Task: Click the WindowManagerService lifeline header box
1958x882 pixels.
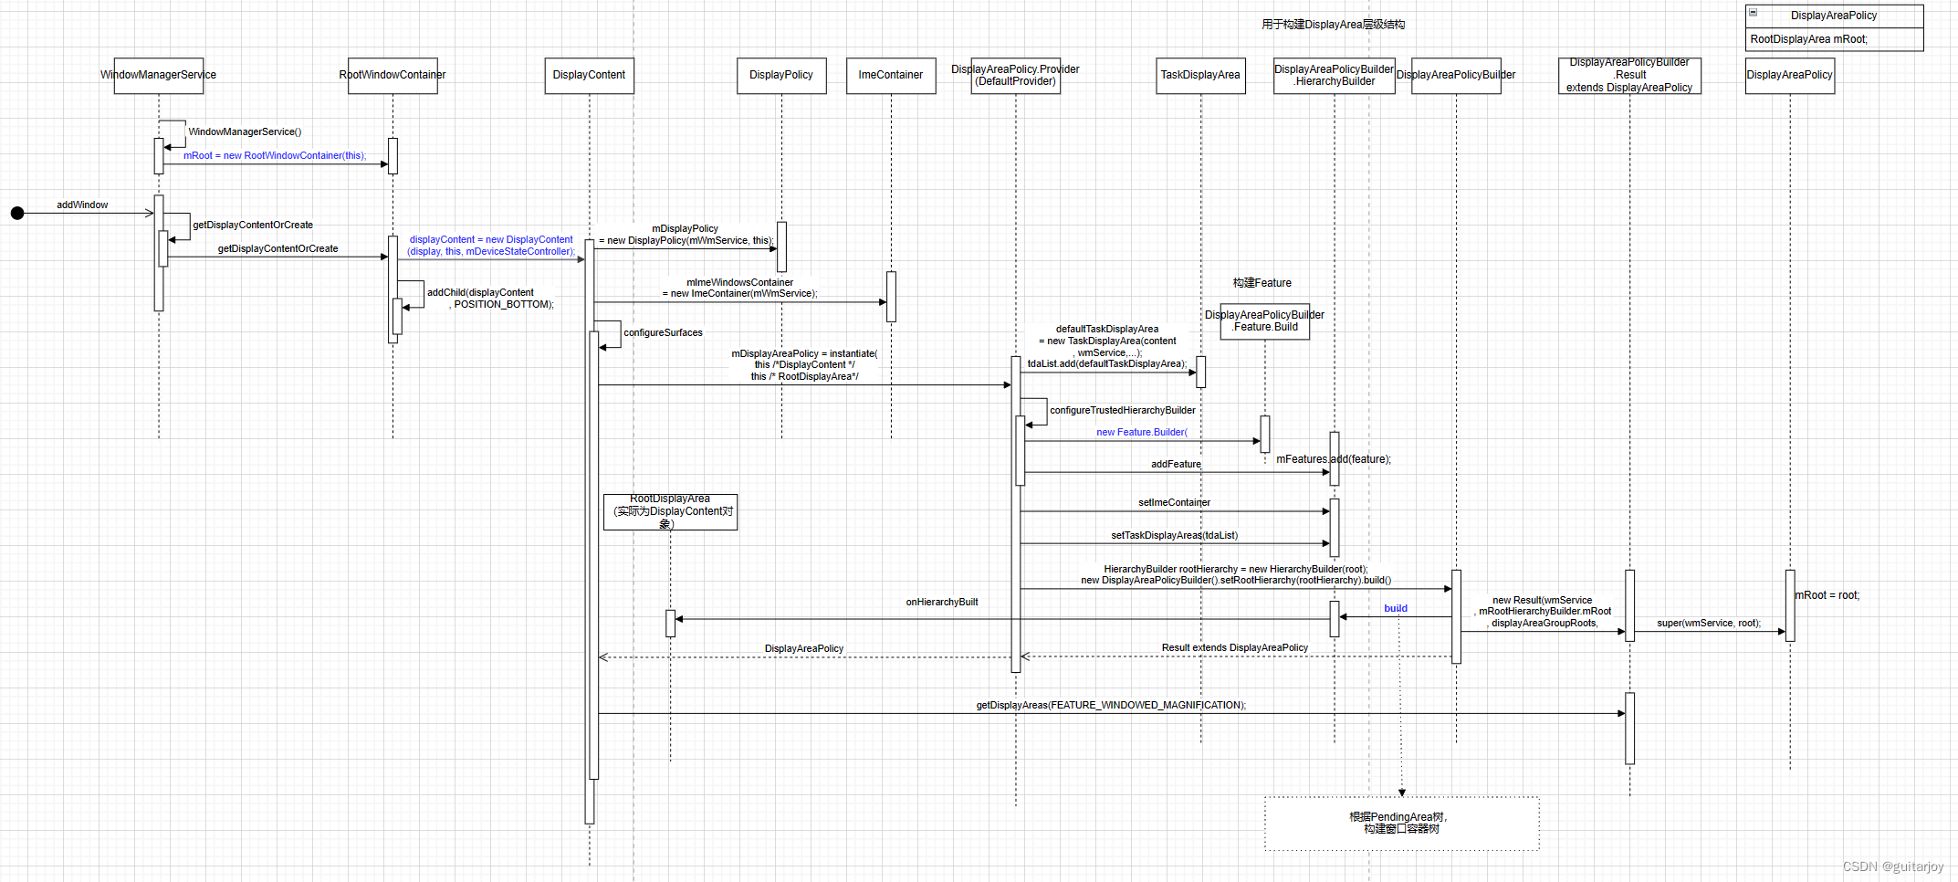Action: click(x=158, y=75)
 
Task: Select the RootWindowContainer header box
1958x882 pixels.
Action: click(x=393, y=75)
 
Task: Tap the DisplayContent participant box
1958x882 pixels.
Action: click(x=589, y=75)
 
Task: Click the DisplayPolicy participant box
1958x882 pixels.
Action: click(x=781, y=75)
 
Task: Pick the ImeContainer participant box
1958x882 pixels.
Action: click(x=891, y=75)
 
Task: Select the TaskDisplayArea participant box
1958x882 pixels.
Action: click(x=1200, y=75)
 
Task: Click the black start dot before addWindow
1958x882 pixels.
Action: click(x=17, y=213)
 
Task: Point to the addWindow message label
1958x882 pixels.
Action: click(x=82, y=205)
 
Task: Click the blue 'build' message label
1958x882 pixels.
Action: click(x=1395, y=608)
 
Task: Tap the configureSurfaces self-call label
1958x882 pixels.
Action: click(x=663, y=332)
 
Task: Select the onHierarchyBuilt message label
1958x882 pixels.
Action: click(x=941, y=602)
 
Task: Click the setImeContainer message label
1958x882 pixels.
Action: click(x=1174, y=502)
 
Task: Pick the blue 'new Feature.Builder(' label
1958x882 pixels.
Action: click(x=1141, y=432)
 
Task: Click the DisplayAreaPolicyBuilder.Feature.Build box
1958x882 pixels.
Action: click(x=1264, y=321)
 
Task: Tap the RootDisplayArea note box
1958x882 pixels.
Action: click(x=670, y=511)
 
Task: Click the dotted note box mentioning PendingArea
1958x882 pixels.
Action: click(x=1401, y=823)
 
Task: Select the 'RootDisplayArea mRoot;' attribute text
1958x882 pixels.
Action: click(x=1808, y=39)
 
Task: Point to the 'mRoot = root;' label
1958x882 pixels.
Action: click(x=1827, y=595)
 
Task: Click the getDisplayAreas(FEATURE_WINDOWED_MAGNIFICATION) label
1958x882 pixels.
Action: click(x=1110, y=705)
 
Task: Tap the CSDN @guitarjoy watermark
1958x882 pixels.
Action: click(x=1892, y=866)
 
